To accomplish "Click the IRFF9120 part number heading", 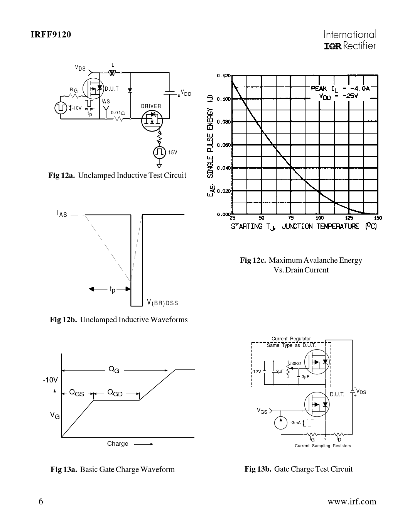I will pyautogui.click(x=51, y=35).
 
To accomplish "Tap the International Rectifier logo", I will pyautogui.click(x=350, y=40).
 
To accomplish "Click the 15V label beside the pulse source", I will pyautogui.click(x=172, y=152).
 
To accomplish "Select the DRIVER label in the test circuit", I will pyautogui.click(x=151, y=106).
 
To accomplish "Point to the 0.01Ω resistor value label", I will pyautogui.click(x=117, y=113).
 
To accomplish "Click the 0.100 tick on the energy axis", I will pyautogui.click(x=224, y=99).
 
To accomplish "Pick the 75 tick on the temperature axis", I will pyautogui.click(x=291, y=218).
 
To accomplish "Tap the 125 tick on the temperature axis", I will pyautogui.click(x=349, y=218).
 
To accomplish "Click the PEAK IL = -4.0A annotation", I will pyautogui.click(x=340, y=88).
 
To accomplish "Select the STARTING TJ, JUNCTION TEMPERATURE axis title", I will pyautogui.click(x=304, y=227).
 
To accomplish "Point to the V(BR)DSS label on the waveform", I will pyautogui.click(x=162, y=303).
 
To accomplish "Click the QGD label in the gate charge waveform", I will pyautogui.click(x=115, y=393).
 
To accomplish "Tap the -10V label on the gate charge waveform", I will pyautogui.click(x=50, y=380).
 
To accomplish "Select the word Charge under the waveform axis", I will pyautogui.click(x=118, y=444).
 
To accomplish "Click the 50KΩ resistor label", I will pyautogui.click(x=295, y=364).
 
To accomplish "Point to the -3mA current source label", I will pyautogui.click(x=295, y=423).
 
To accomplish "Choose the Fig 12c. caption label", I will pyautogui.click(x=253, y=260).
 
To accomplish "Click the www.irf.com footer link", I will pyautogui.click(x=351, y=502).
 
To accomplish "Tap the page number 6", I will pyautogui.click(x=41, y=501).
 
